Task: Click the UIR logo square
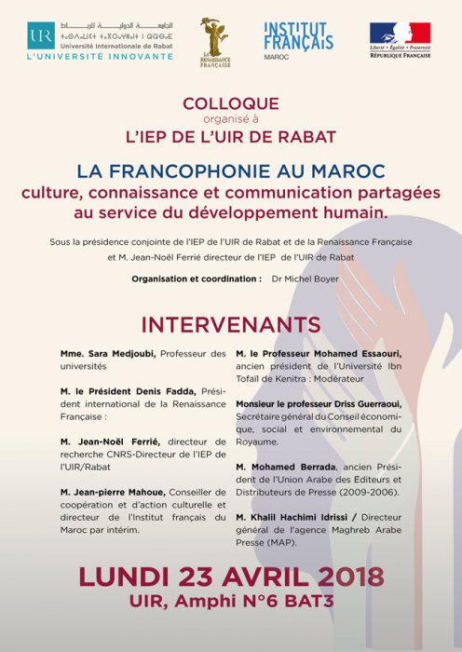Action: click(x=39, y=34)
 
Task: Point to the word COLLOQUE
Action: click(x=230, y=105)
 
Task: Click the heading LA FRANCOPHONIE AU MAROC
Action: click(x=230, y=174)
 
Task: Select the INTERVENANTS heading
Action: click(x=230, y=324)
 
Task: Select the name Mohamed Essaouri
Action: click(x=365, y=354)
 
